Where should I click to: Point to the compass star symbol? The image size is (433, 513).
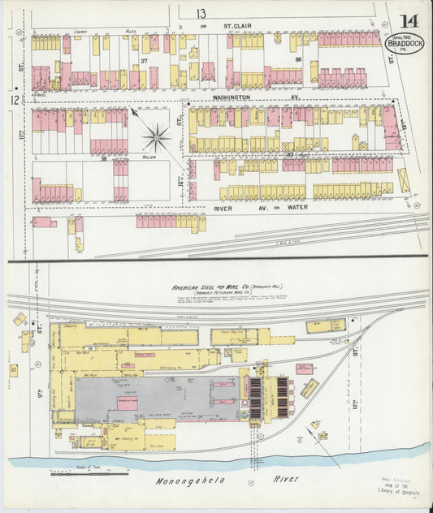coord(156,137)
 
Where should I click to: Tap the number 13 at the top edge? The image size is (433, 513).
coord(200,12)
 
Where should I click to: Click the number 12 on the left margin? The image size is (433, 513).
coord(14,99)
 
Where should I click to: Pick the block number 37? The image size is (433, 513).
coord(144,61)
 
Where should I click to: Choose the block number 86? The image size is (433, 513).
coord(298,59)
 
